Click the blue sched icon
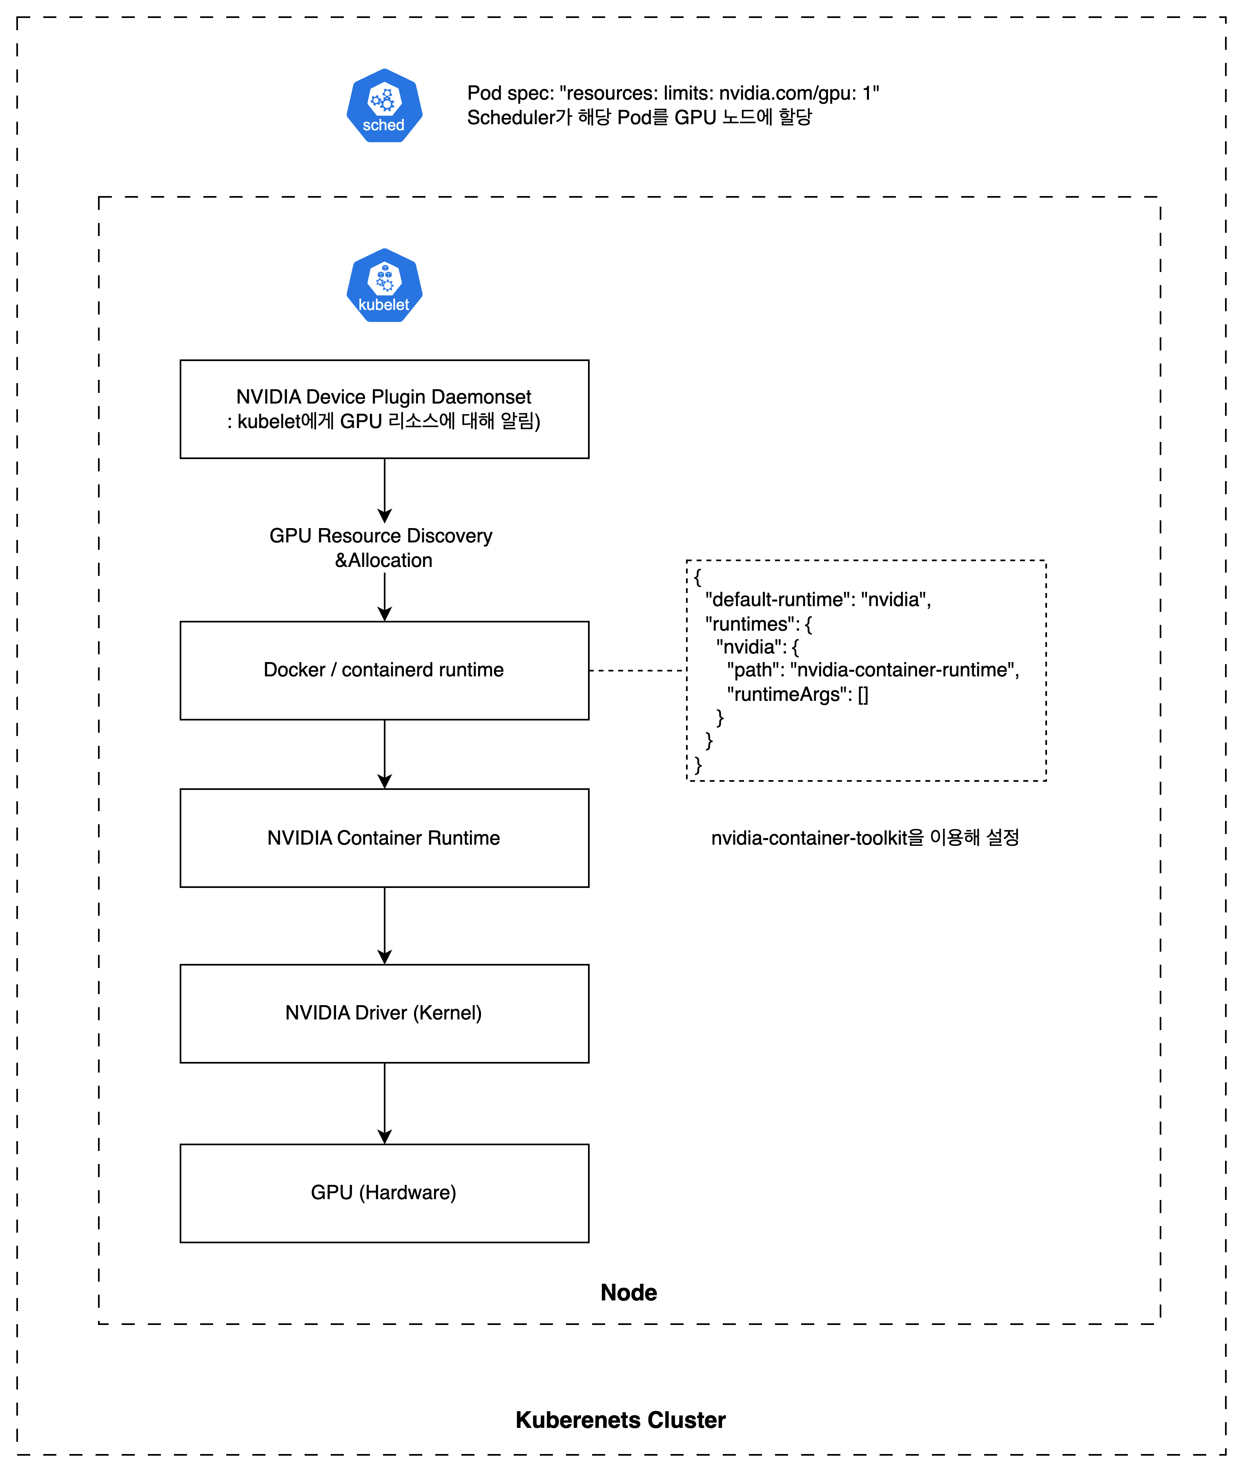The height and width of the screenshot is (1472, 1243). [x=384, y=106]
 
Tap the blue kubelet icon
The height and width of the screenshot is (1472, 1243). [x=384, y=285]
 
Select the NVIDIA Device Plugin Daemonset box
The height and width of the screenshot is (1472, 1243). [x=384, y=409]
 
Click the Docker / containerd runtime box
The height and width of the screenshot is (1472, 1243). [x=384, y=670]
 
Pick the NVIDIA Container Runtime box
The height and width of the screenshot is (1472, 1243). [x=384, y=838]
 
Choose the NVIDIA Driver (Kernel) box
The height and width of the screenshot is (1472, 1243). [x=384, y=1013]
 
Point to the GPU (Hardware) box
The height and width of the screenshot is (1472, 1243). [x=384, y=1193]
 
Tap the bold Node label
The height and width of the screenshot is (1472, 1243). [x=628, y=1292]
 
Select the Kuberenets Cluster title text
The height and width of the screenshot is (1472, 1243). [x=620, y=1420]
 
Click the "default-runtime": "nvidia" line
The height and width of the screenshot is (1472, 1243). [x=818, y=600]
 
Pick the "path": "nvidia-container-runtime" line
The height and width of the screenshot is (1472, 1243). [x=872, y=670]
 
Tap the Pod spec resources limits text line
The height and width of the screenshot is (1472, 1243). [x=673, y=93]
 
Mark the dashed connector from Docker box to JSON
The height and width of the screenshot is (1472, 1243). [x=638, y=671]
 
